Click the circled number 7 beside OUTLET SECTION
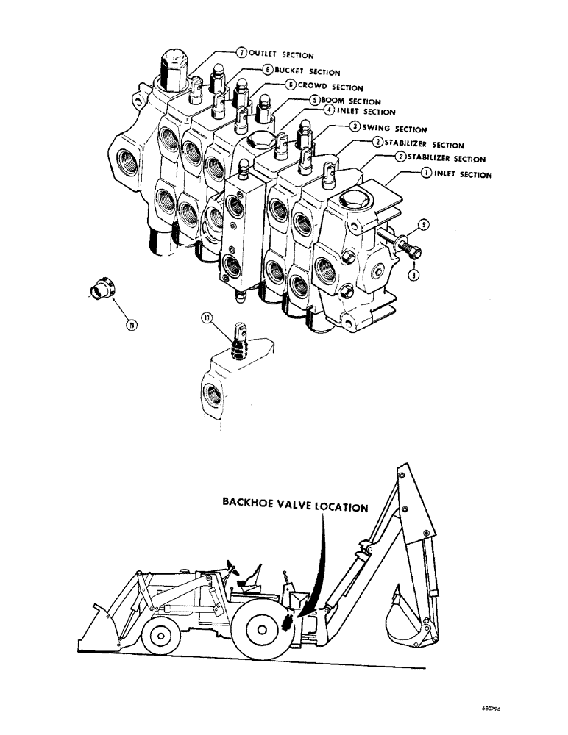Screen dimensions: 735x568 241,53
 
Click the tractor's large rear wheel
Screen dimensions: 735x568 261,627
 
